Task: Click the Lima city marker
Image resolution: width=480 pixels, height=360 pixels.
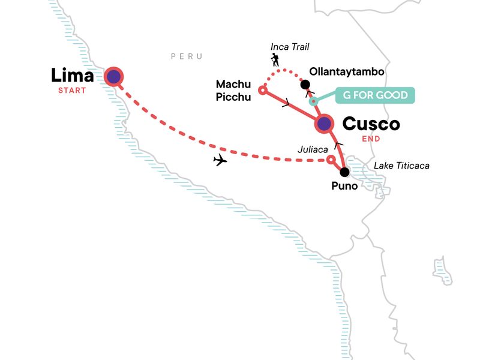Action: [x=113, y=77]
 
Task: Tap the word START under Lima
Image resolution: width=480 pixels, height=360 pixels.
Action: [x=72, y=91]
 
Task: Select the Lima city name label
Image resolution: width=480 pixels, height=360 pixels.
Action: [x=72, y=76]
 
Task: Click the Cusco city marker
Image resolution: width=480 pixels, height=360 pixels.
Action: [x=324, y=124]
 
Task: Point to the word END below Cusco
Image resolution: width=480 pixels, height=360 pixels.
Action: [x=371, y=139]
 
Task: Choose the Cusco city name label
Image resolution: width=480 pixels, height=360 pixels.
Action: [x=371, y=124]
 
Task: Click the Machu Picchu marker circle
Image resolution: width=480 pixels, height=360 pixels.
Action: [x=262, y=90]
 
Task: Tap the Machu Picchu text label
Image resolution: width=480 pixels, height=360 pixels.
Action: [x=233, y=91]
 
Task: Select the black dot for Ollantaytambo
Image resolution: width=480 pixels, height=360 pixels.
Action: [x=305, y=85]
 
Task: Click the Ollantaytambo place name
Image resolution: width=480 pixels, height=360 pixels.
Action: [x=347, y=71]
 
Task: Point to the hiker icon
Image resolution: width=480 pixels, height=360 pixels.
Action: [x=275, y=59]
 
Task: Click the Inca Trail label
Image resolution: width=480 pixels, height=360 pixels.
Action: [x=290, y=47]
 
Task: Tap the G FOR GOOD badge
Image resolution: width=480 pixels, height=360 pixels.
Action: [x=375, y=95]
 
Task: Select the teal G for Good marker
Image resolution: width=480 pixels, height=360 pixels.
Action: [x=313, y=101]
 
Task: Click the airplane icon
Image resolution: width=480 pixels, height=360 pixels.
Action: [x=220, y=160]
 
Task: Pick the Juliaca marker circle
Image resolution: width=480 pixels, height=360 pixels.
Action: [x=331, y=160]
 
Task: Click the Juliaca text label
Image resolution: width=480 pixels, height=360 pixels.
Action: [x=313, y=149]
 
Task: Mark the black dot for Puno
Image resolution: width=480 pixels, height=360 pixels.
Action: [x=344, y=172]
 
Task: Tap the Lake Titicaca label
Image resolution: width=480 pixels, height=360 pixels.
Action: [x=401, y=166]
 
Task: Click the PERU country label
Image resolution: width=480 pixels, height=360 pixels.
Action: [x=187, y=56]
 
